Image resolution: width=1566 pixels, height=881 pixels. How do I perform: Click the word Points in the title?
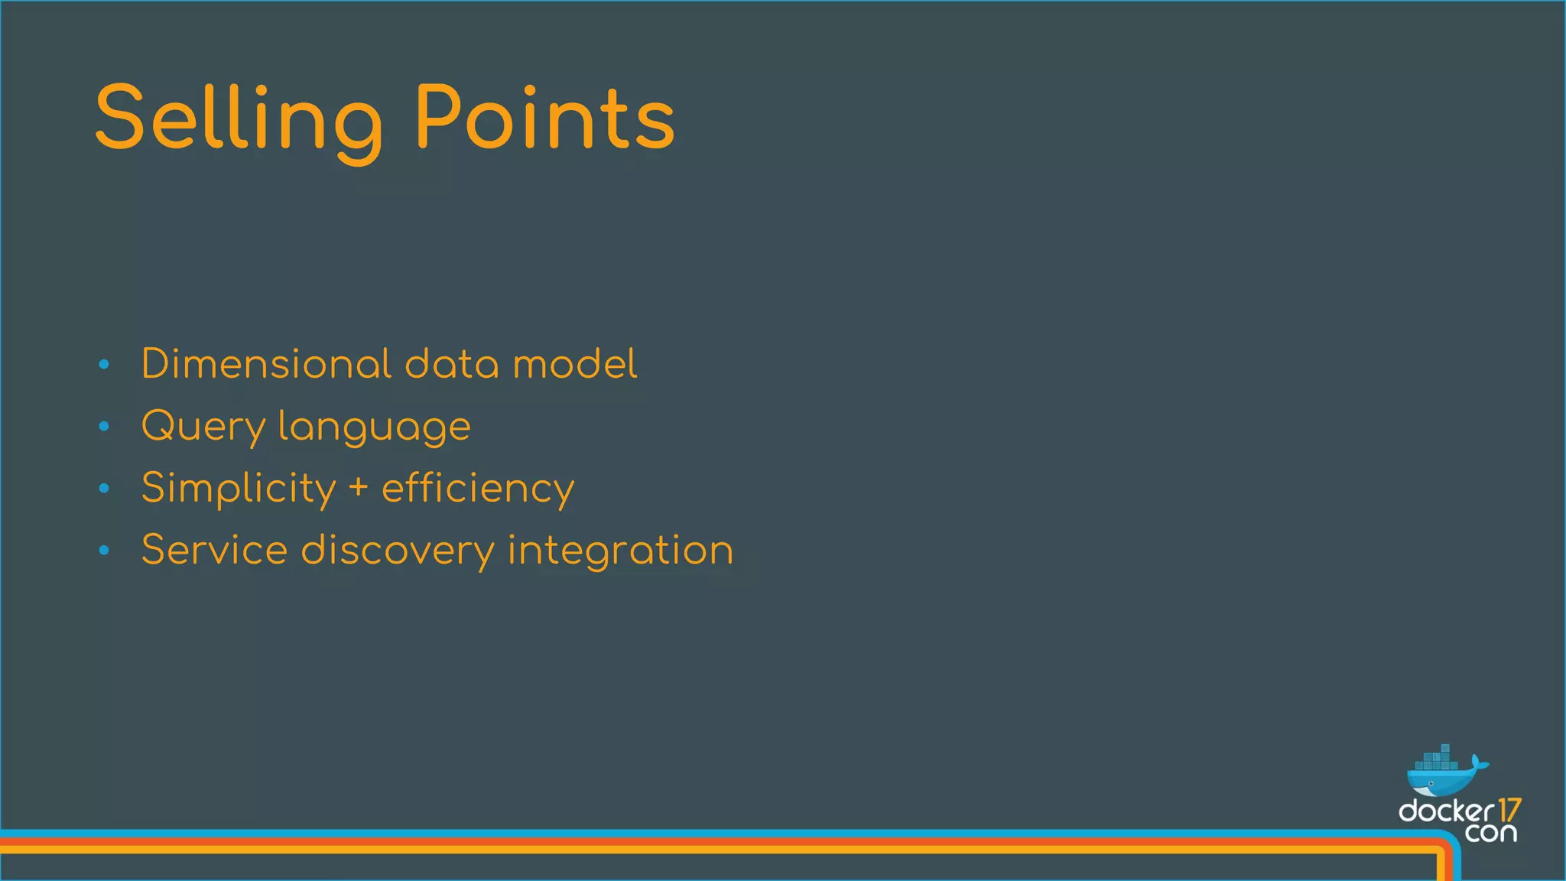544,119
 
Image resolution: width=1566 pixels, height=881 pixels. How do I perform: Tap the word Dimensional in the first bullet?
266,364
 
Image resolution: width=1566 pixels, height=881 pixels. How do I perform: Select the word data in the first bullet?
451,364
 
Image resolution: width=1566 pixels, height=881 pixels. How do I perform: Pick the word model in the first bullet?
574,364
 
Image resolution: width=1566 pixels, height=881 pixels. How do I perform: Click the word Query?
203,427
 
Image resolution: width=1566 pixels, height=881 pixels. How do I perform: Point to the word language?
375,427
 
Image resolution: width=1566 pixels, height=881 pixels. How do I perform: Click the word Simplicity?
239,489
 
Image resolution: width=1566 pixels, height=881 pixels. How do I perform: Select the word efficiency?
478,489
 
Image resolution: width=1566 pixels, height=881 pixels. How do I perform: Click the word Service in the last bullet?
215,550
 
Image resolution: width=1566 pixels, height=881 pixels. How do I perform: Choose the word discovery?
398,551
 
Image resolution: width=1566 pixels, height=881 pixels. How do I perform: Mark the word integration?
620,551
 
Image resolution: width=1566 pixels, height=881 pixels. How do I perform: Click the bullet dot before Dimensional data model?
105,365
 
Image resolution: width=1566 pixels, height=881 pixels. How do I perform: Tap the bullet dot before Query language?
105,427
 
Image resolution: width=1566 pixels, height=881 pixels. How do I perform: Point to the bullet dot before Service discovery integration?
105,550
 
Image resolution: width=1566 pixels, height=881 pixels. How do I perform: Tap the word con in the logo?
1491,833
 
